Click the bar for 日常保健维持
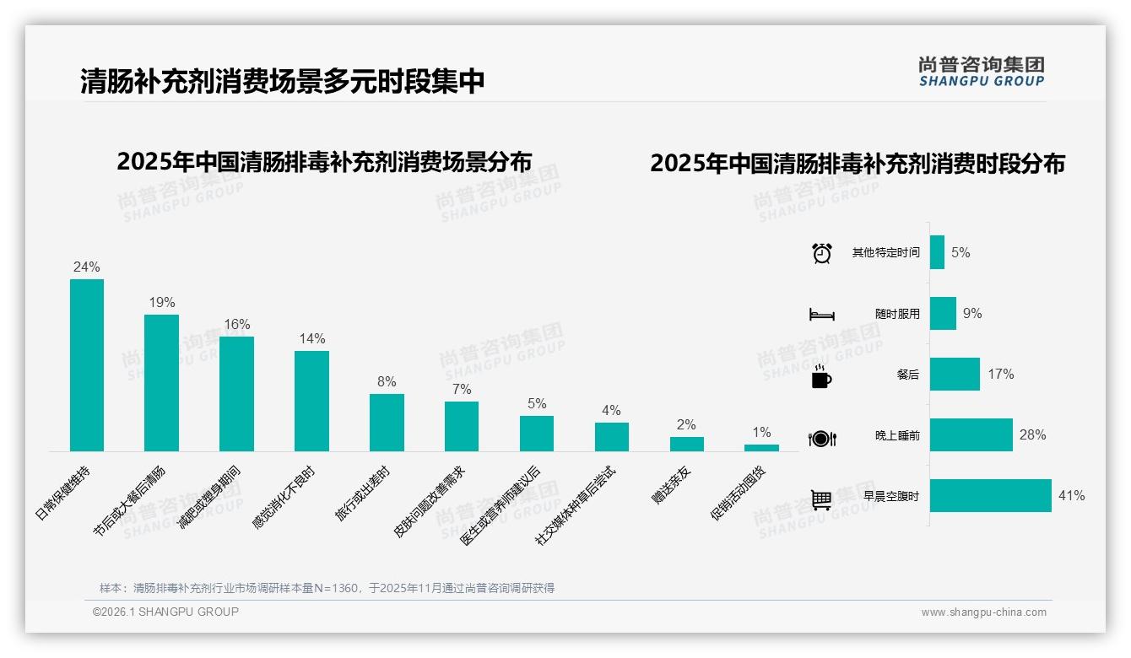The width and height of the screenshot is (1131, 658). pos(87,365)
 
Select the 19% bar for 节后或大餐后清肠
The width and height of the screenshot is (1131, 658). pos(161,383)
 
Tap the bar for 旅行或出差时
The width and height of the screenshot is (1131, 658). pos(387,423)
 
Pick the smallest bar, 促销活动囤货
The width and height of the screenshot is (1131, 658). pos(761,448)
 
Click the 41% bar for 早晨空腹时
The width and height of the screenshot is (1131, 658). pos(991,496)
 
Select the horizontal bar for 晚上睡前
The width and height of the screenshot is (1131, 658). pos(971,435)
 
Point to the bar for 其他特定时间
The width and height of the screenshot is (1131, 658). pos(937,252)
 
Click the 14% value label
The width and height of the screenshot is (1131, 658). pos(311,339)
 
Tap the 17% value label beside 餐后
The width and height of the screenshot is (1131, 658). pos(1001,374)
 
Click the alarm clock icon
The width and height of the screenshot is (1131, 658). pos(822,253)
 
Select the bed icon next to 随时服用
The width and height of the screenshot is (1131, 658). pos(822,315)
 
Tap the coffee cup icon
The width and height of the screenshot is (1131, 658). pos(821,377)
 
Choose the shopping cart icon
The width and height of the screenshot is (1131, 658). pos(821,499)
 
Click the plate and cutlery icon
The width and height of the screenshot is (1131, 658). pos(822,438)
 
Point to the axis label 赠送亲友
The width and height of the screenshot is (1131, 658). pos(672,485)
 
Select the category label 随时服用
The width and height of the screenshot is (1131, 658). pos(897,314)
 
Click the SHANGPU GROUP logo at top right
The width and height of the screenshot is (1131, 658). pos(982,72)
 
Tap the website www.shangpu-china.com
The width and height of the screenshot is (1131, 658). pos(983,612)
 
